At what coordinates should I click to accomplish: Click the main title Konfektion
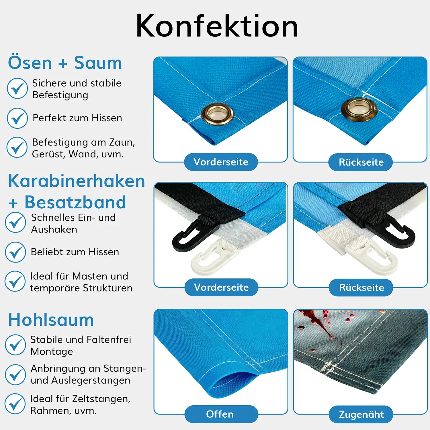(217, 26)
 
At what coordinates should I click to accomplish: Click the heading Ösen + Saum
(65, 62)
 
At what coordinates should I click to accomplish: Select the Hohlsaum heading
(51, 320)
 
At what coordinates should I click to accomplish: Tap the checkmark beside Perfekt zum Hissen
(17, 118)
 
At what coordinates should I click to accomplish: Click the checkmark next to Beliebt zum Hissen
(15, 252)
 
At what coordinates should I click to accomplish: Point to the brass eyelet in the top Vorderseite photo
(218, 114)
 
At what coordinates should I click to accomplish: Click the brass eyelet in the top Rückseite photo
(359, 109)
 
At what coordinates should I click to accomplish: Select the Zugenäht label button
(361, 414)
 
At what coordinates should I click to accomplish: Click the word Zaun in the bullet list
(122, 142)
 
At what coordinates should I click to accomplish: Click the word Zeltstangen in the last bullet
(101, 399)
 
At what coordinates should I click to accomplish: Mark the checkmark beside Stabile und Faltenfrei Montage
(15, 345)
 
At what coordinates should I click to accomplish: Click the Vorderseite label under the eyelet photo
(221, 162)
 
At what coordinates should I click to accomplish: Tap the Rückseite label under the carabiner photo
(361, 287)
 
